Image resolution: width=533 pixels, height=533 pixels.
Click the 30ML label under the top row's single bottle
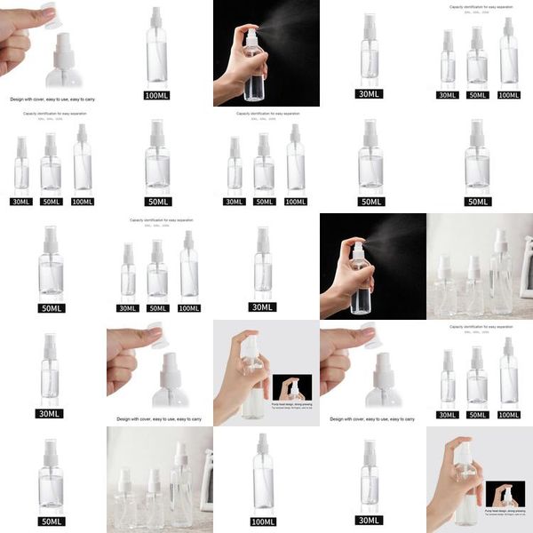click(370, 94)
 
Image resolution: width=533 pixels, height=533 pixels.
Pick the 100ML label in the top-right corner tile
click(509, 95)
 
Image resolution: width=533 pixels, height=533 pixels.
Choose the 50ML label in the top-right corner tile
click(478, 95)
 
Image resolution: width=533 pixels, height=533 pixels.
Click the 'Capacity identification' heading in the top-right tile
click(480, 7)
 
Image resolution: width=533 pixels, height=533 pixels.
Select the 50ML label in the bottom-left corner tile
click(51, 521)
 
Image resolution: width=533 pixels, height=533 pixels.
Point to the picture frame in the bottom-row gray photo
click(206, 480)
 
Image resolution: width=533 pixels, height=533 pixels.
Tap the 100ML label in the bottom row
click(263, 521)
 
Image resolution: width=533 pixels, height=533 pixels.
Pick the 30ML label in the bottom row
click(370, 521)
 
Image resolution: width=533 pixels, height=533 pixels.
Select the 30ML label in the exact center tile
click(263, 307)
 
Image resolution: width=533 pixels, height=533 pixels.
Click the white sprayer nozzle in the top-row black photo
click(246, 34)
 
